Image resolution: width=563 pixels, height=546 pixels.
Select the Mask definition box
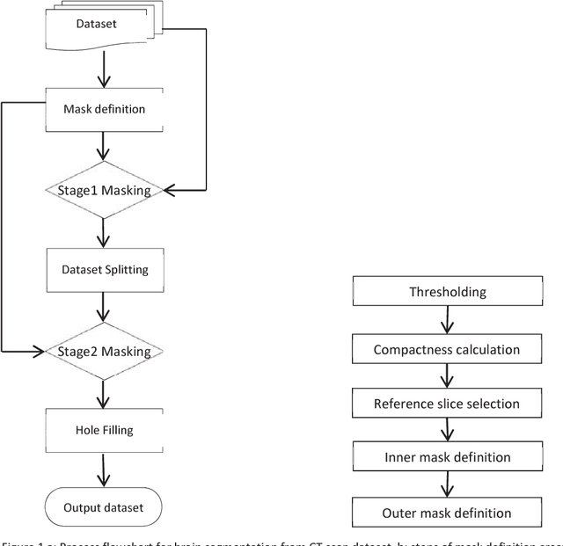[x=104, y=109]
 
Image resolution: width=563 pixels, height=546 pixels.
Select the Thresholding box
[x=449, y=292]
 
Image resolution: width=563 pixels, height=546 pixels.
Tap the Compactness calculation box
[x=449, y=349]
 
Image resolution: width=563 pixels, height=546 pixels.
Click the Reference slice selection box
[x=449, y=404]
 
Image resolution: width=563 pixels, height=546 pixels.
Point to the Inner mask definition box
[x=449, y=457]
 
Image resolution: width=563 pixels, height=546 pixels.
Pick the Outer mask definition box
[x=449, y=513]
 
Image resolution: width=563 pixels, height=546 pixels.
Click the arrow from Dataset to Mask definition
[x=104, y=69]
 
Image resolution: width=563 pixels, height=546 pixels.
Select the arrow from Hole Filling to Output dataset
[x=104, y=470]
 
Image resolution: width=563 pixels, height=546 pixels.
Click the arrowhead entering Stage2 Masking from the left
[x=40, y=352]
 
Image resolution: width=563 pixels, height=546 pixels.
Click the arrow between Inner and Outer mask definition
[x=449, y=484]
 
